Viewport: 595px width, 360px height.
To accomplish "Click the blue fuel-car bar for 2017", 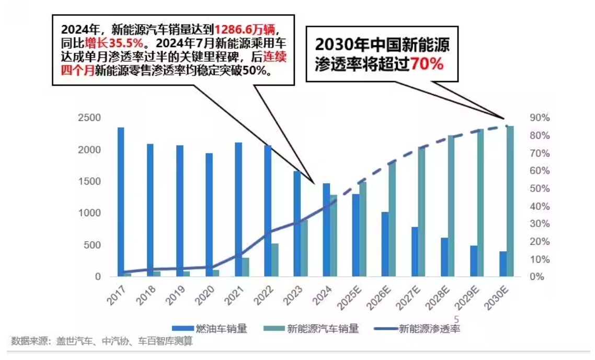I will click(x=121, y=201).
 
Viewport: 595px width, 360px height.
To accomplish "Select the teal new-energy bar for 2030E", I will click(x=510, y=201).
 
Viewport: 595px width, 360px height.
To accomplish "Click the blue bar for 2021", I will click(x=238, y=209).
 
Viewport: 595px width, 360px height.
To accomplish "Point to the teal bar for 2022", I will click(x=275, y=260).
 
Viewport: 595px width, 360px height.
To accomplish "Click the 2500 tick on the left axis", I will click(x=89, y=118).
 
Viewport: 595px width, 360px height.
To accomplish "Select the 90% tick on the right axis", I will click(x=540, y=118).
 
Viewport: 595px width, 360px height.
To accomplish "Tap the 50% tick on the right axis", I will click(x=540, y=188).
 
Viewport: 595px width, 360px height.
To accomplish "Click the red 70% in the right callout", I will click(x=427, y=64).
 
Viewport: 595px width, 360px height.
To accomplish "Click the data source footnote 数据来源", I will click(x=102, y=342).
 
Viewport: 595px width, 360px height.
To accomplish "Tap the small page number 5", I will click(x=456, y=319).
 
